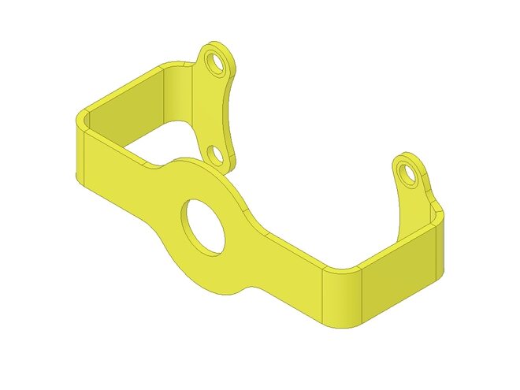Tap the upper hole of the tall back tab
[212, 60]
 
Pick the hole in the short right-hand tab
[406, 169]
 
